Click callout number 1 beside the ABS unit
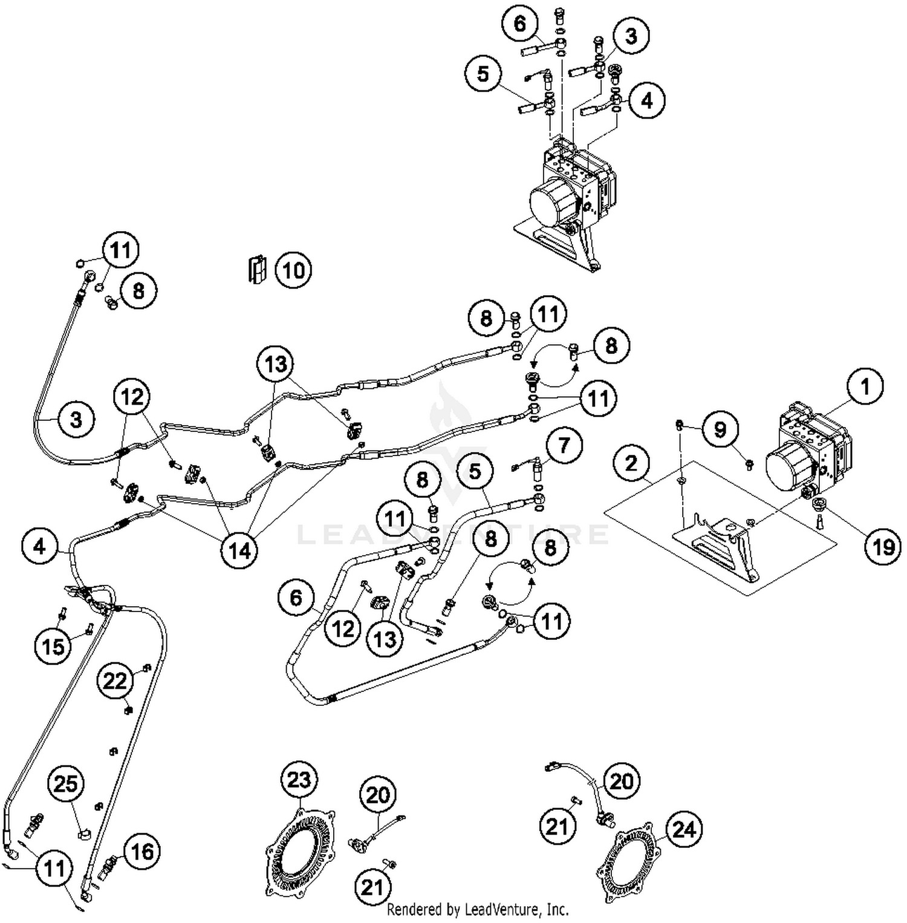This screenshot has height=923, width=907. pyautogui.click(x=865, y=386)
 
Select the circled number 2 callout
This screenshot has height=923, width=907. pyautogui.click(x=631, y=463)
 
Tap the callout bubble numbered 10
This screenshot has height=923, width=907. pyautogui.click(x=294, y=270)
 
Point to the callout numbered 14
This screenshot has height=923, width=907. pyautogui.click(x=239, y=550)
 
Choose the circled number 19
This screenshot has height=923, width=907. pyautogui.click(x=883, y=547)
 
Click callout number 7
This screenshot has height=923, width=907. pyautogui.click(x=564, y=446)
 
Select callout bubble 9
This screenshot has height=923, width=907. pyautogui.click(x=720, y=429)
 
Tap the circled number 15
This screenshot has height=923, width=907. pyautogui.click(x=53, y=646)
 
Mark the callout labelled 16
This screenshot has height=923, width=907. pyautogui.click(x=142, y=852)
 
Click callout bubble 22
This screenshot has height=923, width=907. pyautogui.click(x=115, y=681)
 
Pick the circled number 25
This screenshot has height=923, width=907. pyautogui.click(x=67, y=784)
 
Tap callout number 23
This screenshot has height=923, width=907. pyautogui.click(x=299, y=780)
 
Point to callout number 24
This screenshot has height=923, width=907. pyautogui.click(x=684, y=829)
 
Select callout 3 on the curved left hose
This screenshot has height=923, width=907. pyautogui.click(x=76, y=419)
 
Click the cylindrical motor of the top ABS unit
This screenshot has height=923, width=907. pyautogui.click(x=552, y=202)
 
